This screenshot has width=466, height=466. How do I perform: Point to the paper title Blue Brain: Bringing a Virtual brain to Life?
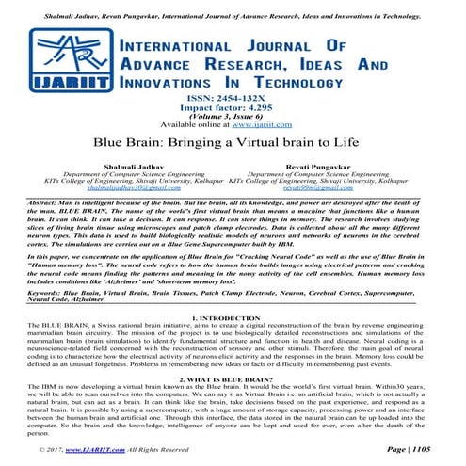pos(233,145)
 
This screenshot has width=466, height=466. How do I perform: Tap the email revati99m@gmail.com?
pos(330,187)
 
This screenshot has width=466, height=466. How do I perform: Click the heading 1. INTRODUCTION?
pos(233,318)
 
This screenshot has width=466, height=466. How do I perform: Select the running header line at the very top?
pos(233,6)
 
